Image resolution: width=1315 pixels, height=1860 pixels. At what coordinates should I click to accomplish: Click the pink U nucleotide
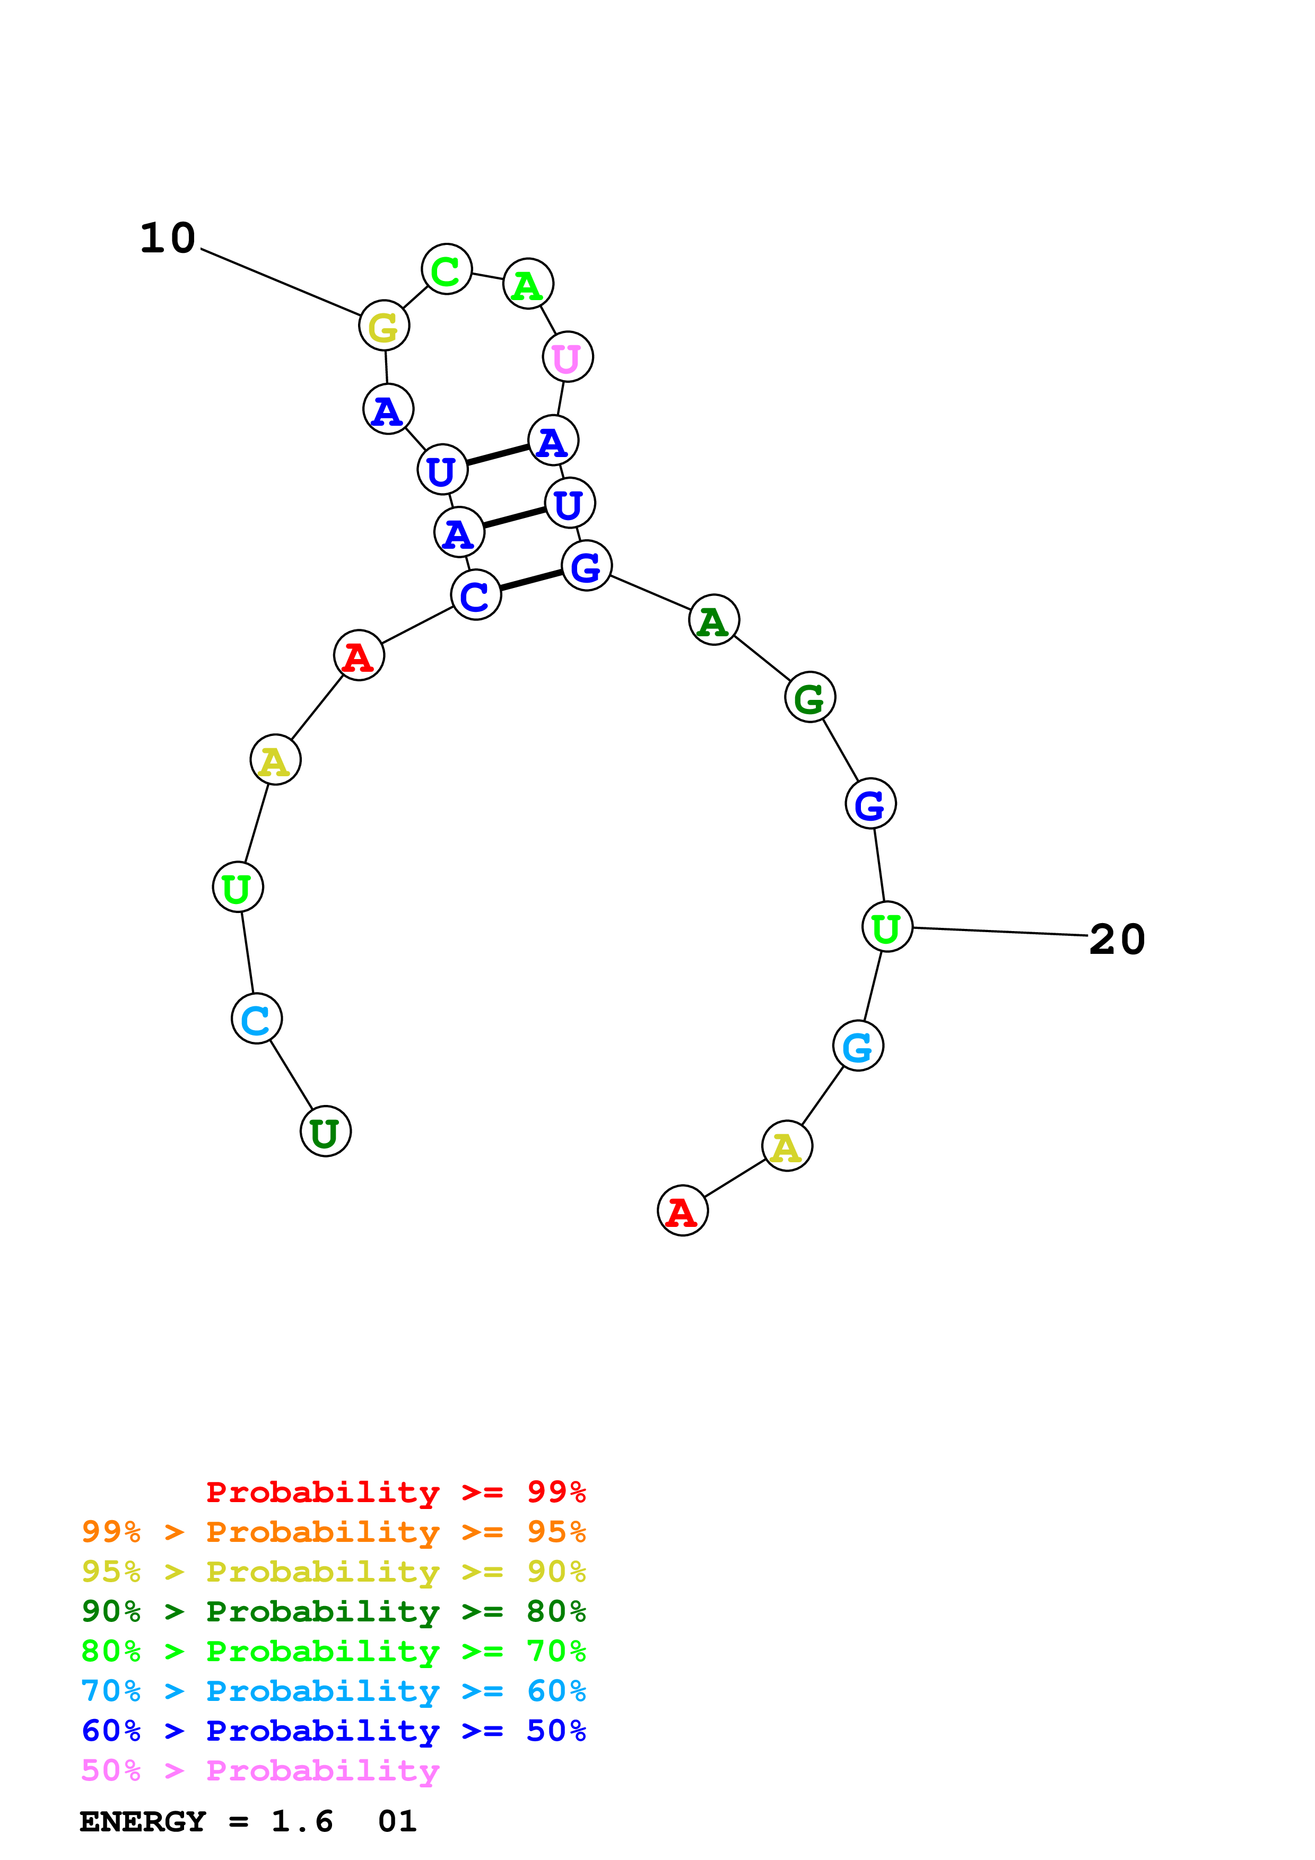click(567, 357)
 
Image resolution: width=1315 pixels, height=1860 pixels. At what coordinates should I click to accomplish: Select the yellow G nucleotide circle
click(384, 326)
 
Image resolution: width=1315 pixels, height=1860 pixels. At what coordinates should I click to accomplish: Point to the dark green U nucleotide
click(326, 1131)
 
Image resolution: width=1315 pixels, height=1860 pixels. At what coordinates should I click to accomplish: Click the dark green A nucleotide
click(714, 620)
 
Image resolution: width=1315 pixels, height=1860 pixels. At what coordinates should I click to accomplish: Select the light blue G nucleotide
click(858, 1047)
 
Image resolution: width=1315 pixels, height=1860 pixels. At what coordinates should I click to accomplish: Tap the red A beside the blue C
click(359, 655)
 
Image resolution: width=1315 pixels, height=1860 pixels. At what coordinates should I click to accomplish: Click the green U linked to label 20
click(887, 927)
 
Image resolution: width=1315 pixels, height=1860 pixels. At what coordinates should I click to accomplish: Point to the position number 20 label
click(1117, 940)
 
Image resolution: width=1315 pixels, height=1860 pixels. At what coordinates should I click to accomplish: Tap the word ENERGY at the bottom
click(143, 1822)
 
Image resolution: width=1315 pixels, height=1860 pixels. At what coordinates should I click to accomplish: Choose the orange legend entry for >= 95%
click(334, 1532)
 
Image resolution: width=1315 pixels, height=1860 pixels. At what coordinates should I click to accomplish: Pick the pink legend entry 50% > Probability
click(260, 1771)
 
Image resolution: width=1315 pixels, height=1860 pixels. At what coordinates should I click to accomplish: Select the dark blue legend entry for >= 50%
click(334, 1731)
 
